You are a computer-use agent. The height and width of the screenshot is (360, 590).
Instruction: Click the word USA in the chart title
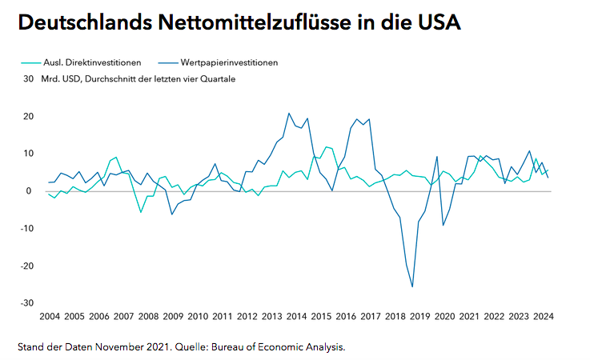(435, 23)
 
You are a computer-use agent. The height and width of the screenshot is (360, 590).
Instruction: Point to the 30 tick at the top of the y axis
(28, 79)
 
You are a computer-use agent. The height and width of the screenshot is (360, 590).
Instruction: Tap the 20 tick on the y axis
(28, 117)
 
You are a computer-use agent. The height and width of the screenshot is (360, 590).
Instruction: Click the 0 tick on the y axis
(30, 191)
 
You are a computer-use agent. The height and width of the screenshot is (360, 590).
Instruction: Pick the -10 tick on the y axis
(26, 228)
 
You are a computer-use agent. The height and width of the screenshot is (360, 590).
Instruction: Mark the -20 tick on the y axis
(26, 266)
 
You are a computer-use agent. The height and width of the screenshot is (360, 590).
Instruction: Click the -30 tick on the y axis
(26, 303)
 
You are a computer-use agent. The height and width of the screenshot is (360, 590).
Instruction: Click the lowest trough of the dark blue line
(412, 286)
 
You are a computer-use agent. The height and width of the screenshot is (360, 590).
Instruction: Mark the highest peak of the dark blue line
(289, 113)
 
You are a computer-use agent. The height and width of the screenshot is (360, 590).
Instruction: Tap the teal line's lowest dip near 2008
(141, 212)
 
